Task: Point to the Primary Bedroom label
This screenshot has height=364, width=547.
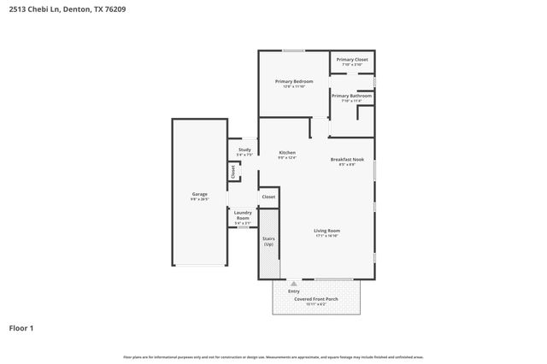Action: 293,81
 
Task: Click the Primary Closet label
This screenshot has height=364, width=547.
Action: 352,59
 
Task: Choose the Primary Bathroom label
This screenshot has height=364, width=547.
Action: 351,96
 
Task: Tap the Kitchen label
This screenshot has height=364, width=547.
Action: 286,153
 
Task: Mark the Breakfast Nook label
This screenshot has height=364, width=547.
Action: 347,160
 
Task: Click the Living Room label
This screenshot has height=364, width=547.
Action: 326,231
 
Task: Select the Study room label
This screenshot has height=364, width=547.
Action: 244,150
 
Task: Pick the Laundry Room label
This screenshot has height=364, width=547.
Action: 242,214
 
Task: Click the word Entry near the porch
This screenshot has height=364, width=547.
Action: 293,291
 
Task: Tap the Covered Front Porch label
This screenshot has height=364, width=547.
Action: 316,299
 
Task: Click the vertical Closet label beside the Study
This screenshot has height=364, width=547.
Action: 232,172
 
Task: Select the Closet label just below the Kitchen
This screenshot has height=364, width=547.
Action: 268,197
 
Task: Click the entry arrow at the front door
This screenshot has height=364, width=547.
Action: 293,283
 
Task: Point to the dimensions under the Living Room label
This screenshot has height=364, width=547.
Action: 326,236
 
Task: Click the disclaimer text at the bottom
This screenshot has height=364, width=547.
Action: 273,356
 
